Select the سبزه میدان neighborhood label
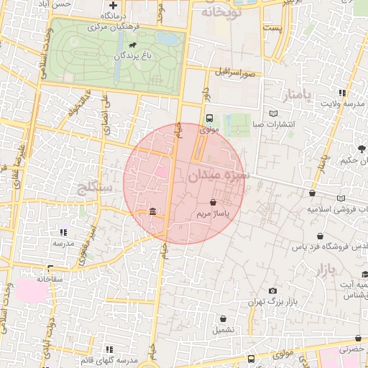pyautogui.click(x=219, y=175)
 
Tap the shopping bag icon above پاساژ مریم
pyautogui.click(x=213, y=203)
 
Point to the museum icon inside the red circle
pyautogui.click(x=152, y=211)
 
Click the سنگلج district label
pyautogui.click(x=94, y=188)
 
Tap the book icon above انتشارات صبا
pyautogui.click(x=272, y=113)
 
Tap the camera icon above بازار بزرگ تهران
pyautogui.click(x=272, y=291)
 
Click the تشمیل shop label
pyautogui.click(x=223, y=330)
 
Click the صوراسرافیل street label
pyautogui.click(x=234, y=73)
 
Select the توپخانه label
pyautogui.click(x=218, y=12)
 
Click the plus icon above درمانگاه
pyautogui.click(x=113, y=5)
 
